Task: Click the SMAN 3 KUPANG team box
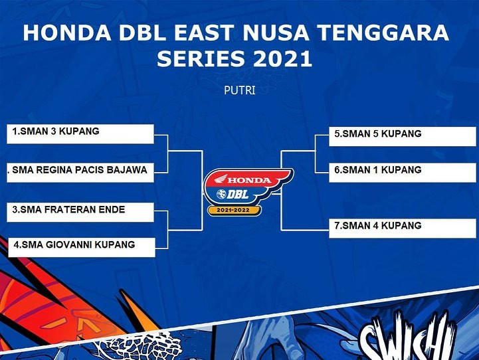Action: tap(80, 134)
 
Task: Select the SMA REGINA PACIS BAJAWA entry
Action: tap(80, 173)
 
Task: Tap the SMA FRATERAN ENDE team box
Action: tap(80, 212)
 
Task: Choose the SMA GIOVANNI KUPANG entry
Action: tap(82, 247)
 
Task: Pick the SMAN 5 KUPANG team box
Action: tap(403, 136)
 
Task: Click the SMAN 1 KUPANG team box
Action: tap(403, 173)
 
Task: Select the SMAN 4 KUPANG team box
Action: tap(403, 228)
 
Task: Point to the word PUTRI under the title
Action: tap(239, 90)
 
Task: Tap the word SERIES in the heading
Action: tap(201, 58)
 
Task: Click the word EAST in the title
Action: tap(204, 33)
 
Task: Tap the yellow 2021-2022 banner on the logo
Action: tap(234, 211)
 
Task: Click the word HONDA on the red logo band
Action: tap(249, 180)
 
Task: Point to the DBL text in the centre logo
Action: tap(237, 194)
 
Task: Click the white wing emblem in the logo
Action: tap(221, 179)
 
